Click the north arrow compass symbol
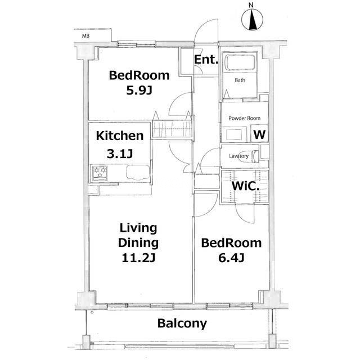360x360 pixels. tap(253, 19)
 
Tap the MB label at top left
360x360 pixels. tap(85, 36)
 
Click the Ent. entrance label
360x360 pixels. tap(206, 60)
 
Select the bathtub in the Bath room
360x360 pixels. tap(240, 62)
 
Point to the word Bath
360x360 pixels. tap(240, 80)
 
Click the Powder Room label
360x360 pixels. tap(244, 118)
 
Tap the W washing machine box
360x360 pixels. tap(259, 133)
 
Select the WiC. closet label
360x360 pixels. tap(245, 186)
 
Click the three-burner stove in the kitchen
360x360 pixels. tap(100, 173)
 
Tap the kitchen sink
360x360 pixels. tap(138, 172)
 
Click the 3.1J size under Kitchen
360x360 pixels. tap(120, 154)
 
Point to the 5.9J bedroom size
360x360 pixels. tap(139, 91)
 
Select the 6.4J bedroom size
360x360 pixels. tap(231, 258)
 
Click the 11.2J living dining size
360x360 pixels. tap(138, 258)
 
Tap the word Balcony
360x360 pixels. tap(182, 323)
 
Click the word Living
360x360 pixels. tap(138, 228)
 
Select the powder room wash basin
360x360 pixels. tap(234, 134)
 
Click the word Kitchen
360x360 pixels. tap(120, 136)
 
